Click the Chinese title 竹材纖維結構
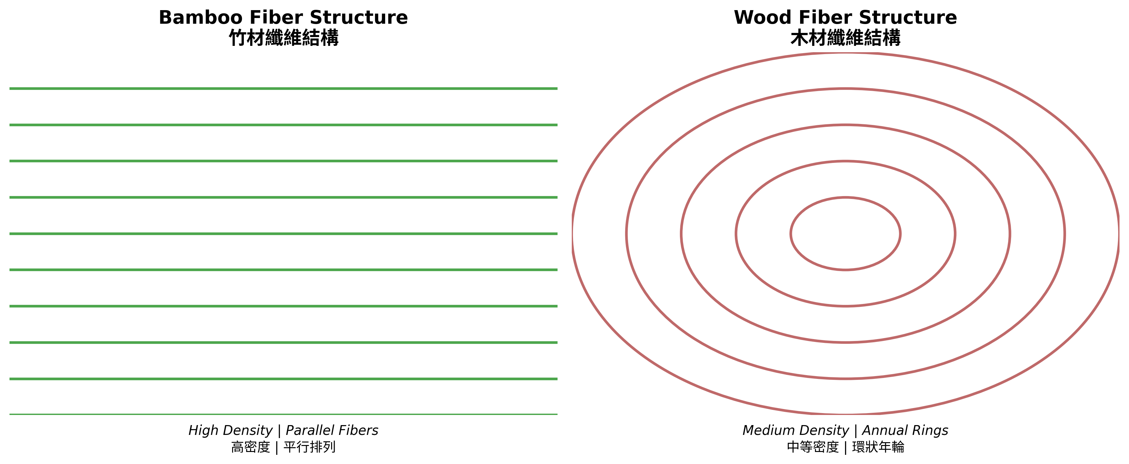click(284, 38)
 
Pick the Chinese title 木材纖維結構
click(845, 38)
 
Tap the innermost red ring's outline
click(845, 198)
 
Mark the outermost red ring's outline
click(845, 53)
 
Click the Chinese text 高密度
click(251, 447)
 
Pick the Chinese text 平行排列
click(309, 447)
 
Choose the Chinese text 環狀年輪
click(878, 447)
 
